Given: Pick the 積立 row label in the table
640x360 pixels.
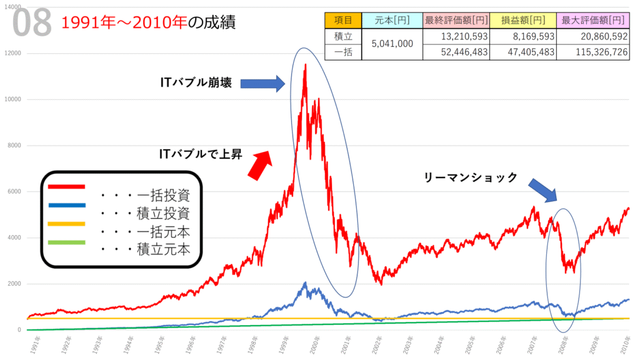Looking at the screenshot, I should tap(343, 37).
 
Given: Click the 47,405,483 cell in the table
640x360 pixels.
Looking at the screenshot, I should tap(523, 52).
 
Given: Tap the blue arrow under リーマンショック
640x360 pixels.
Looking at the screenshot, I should tap(541, 189).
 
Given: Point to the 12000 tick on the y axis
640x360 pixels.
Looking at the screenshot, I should tap(14, 53).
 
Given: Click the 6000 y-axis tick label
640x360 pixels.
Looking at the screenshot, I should tap(16, 191).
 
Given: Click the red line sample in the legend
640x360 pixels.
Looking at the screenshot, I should tap(67, 186).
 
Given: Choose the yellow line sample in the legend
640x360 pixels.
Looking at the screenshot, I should tap(67, 223).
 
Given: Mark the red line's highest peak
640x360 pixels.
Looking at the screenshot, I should tap(305, 64).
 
